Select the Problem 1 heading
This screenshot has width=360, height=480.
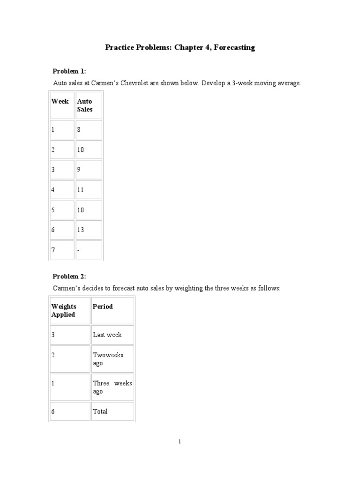tap(69, 71)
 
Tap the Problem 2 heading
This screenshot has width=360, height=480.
tap(69, 277)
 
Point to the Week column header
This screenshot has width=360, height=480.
tap(60, 101)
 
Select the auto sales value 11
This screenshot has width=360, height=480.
tap(80, 190)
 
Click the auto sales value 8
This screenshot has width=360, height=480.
tap(79, 129)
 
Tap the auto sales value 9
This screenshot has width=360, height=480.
tap(79, 170)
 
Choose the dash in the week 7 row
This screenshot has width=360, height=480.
tap(78, 250)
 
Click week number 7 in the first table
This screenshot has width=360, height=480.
tap(53, 250)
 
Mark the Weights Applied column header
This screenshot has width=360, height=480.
tap(64, 310)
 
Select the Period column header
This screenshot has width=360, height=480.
tap(103, 307)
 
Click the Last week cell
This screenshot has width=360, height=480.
tap(107, 335)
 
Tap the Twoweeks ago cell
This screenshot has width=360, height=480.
tap(108, 359)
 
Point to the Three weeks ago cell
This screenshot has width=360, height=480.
tap(112, 387)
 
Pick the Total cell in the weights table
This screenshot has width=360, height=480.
tap(100, 412)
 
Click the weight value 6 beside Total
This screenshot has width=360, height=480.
tap(53, 412)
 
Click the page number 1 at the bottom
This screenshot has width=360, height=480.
tap(180, 441)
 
